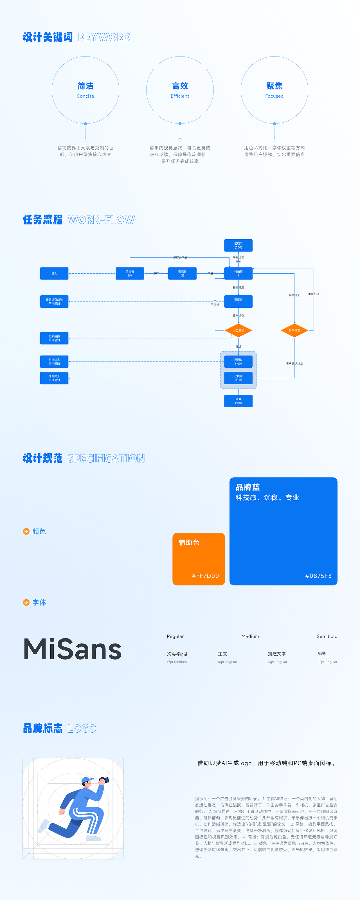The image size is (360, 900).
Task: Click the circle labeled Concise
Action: (85, 90)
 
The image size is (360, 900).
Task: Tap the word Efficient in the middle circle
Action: (180, 96)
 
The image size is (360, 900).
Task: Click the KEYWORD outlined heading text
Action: (104, 37)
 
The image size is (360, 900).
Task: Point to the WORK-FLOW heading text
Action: (101, 220)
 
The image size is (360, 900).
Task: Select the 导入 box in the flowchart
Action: (54, 273)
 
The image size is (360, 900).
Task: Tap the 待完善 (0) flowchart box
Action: (130, 273)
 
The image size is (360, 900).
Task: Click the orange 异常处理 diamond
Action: (294, 330)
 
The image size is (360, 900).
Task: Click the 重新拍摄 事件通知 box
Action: (54, 338)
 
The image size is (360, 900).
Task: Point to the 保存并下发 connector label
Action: (180, 258)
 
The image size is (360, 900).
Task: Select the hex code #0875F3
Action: (318, 576)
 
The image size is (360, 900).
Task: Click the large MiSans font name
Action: (72, 649)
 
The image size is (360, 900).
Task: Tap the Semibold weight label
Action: (327, 636)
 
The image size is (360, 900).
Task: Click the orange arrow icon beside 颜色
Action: (26, 531)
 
